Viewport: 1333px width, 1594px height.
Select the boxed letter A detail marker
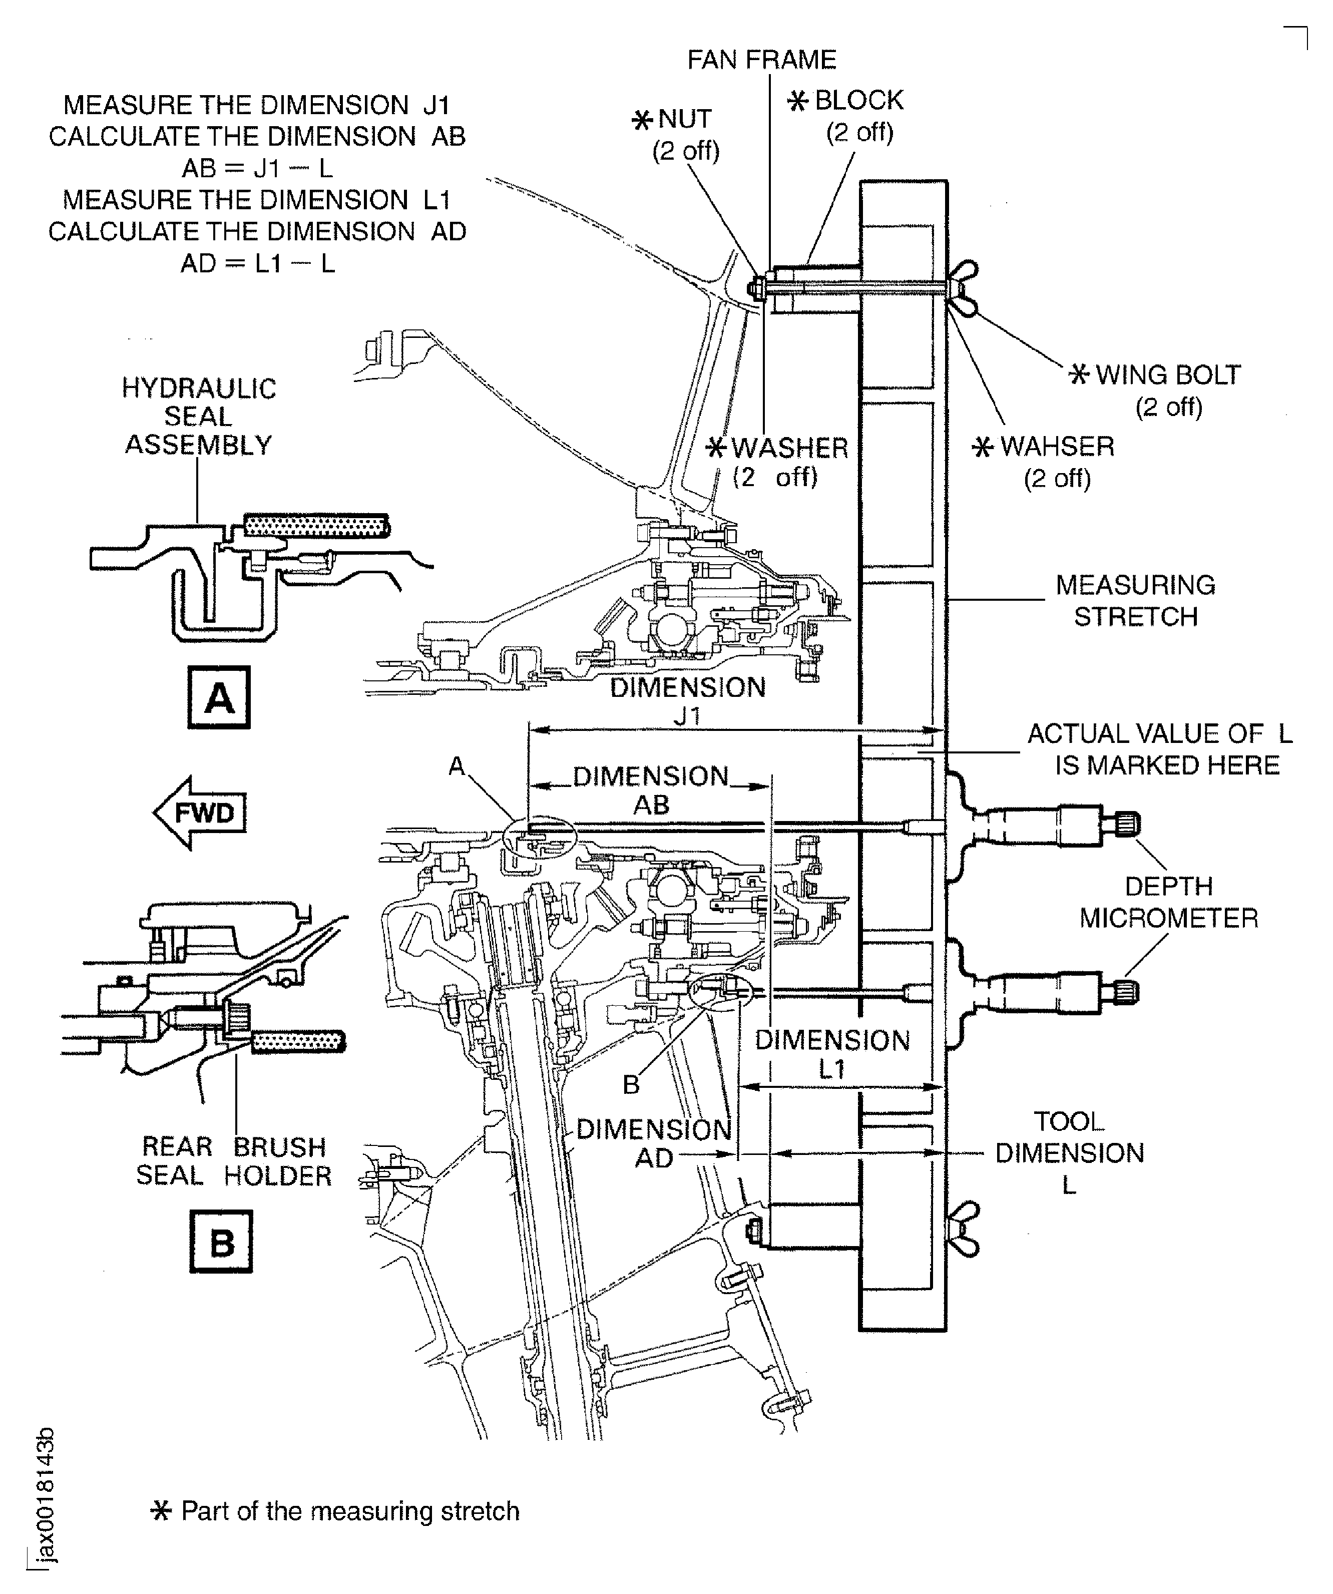click(x=219, y=697)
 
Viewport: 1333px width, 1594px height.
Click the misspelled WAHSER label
click(x=1057, y=447)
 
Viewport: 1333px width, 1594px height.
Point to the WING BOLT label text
click(x=1167, y=375)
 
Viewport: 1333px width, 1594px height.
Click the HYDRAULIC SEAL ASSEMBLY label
click(x=198, y=417)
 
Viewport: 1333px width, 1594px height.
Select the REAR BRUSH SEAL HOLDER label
click(x=234, y=1161)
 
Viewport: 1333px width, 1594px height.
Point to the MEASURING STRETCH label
click(x=1135, y=601)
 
